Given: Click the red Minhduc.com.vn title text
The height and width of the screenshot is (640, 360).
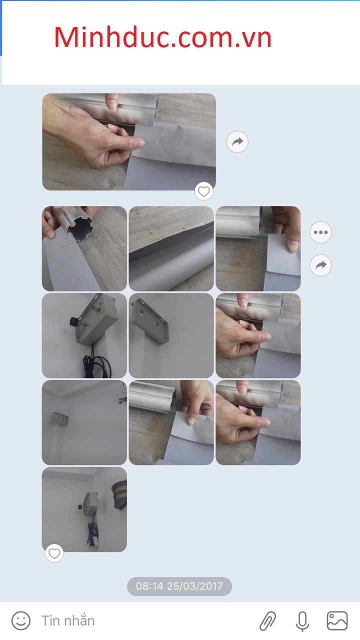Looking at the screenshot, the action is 162,37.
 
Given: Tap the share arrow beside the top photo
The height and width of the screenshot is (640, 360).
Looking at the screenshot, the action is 237,141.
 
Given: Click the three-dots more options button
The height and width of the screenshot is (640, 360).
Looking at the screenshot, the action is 320,232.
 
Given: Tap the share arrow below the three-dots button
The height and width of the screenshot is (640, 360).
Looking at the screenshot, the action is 320,265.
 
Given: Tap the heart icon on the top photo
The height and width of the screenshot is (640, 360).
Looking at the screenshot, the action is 203,191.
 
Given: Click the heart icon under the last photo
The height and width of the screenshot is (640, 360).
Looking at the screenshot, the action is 54,553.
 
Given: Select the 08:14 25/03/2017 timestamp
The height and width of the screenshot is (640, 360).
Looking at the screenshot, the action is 179,586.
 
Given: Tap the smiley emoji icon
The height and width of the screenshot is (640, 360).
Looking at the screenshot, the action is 21,620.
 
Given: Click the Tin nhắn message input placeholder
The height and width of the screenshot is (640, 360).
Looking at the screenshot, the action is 68,620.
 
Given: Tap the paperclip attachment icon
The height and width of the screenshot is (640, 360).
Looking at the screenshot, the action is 267,621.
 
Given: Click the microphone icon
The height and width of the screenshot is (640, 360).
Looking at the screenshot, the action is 302,621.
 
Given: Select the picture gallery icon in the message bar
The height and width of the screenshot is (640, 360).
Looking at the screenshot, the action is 337,620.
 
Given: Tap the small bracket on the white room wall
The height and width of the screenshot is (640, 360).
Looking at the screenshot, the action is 60,420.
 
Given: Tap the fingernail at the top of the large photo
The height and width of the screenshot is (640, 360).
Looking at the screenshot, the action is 112,104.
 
